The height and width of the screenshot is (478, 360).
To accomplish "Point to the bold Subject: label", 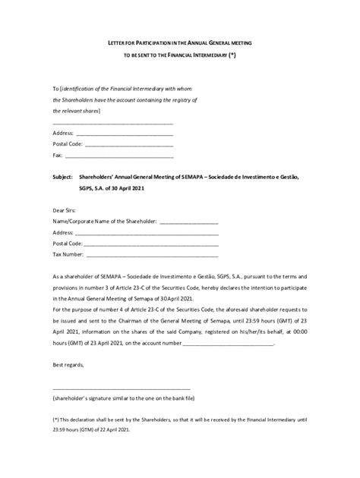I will (x=63, y=176).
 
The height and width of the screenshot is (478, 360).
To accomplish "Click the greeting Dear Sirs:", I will (x=65, y=209).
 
